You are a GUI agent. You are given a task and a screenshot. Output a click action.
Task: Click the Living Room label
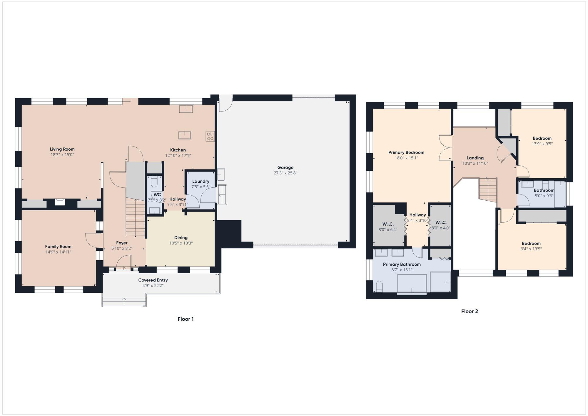point(62,149)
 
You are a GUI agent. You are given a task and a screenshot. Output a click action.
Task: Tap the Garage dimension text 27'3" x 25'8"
point(285,173)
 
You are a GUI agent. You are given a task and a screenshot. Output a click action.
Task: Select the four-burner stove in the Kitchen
point(210,136)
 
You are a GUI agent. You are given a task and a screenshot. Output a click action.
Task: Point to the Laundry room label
point(201,181)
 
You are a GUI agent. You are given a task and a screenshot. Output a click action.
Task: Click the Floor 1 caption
point(186,319)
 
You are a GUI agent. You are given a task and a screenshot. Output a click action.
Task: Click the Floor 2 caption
point(470,311)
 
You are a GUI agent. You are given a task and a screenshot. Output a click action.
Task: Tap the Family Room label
point(58,247)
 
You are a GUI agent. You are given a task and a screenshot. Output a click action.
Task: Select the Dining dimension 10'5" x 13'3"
point(181,243)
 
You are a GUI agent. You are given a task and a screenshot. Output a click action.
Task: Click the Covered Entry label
point(153,280)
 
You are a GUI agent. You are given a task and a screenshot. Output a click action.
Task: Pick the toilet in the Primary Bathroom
point(379,286)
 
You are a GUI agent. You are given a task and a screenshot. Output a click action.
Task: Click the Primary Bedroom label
point(406,152)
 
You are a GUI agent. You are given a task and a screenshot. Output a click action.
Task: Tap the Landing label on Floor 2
point(475,158)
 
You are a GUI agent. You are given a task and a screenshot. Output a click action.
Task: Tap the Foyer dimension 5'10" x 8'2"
point(122,248)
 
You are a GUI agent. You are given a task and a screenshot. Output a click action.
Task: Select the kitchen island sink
point(185,135)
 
